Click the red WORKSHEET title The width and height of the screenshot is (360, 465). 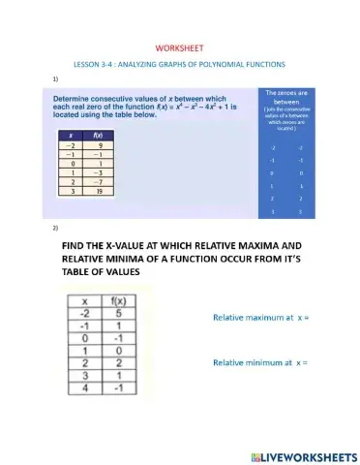pos(179,48)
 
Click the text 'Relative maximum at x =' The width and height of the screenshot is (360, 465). pos(258,317)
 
